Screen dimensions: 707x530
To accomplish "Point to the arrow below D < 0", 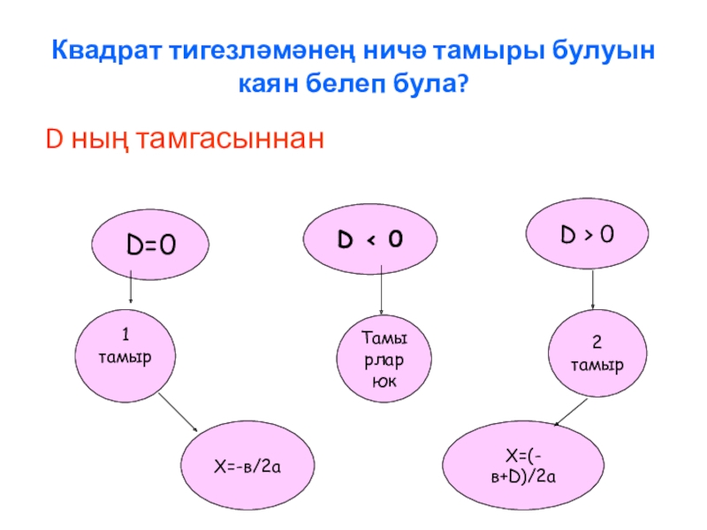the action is click(381, 291).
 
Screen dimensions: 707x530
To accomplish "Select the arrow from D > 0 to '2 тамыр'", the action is click(592, 291).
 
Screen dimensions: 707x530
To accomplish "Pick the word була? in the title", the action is click(436, 85).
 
